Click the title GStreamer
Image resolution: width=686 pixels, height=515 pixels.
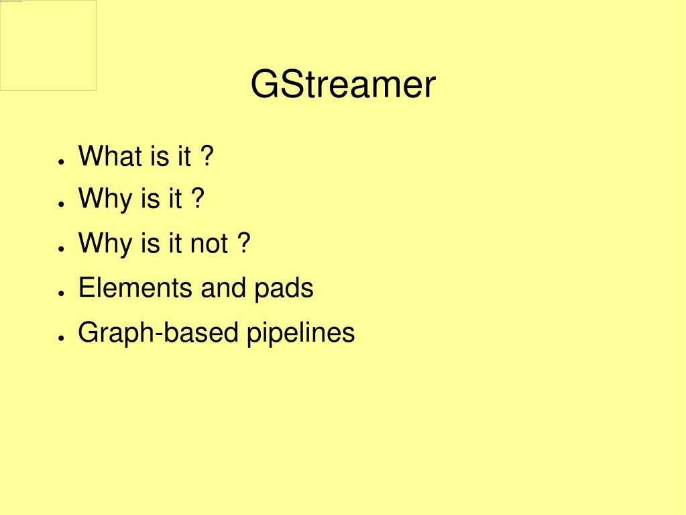pos(343,85)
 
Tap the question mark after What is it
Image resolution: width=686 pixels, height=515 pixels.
pos(207,156)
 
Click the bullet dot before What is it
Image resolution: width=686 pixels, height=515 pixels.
pos(60,161)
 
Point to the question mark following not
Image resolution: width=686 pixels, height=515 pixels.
pos(243,243)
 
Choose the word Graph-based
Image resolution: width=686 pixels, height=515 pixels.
pos(158,333)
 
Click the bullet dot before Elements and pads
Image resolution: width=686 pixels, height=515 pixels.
pos(60,293)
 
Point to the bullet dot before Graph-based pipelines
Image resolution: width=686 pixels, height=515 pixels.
pos(60,338)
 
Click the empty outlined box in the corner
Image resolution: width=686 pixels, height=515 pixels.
pos(48,46)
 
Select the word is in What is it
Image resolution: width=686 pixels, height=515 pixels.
pos(160,156)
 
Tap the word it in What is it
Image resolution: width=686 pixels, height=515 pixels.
pos(184,156)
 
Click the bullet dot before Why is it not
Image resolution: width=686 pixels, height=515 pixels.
pos(60,248)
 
